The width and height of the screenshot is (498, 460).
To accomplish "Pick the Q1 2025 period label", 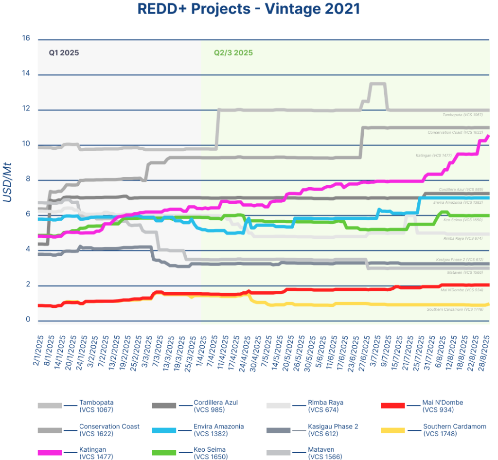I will coord(64,53).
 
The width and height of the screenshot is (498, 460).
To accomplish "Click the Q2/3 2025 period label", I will coord(233,53).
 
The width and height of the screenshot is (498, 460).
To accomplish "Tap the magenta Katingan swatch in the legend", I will coord(50,453).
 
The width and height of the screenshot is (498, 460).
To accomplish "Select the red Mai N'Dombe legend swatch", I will coord(393,405).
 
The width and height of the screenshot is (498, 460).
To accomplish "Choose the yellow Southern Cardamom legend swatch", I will coord(393,430).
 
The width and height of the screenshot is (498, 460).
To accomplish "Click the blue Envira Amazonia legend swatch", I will coord(164,430).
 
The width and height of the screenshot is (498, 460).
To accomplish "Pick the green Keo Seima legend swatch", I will coord(164,453).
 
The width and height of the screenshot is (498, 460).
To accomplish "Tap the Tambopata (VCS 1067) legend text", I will coord(96,406).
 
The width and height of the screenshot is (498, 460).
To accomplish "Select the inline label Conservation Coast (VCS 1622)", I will coord(455,132).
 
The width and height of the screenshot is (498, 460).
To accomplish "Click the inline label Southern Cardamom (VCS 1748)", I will coord(455,309).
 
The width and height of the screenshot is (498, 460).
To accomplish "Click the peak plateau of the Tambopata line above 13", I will coord(378,84).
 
